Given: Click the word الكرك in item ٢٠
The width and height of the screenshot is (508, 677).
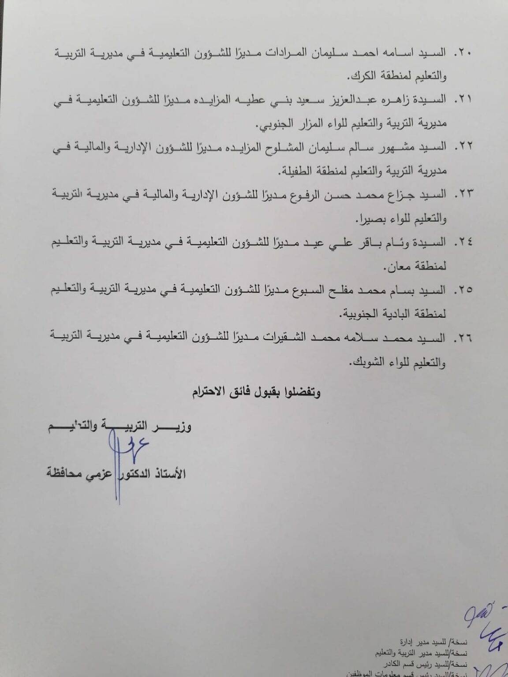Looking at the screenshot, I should pos(361,76).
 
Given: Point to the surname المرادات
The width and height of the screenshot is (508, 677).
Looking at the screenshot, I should pos(289,53).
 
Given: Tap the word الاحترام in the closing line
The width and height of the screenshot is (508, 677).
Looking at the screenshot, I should pos(209,392).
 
